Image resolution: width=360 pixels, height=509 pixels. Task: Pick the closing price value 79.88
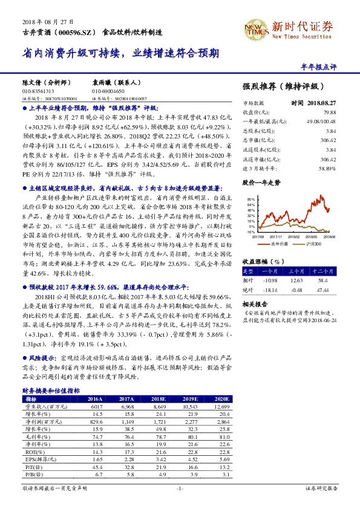[x=330, y=112]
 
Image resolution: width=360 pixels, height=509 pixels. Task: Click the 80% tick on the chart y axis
[x=249, y=199]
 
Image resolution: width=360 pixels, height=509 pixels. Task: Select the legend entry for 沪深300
[x=315, y=244]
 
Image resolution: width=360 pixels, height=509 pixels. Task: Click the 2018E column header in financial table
[x=159, y=400]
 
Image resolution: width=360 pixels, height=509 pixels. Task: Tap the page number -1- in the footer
[x=180, y=487]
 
